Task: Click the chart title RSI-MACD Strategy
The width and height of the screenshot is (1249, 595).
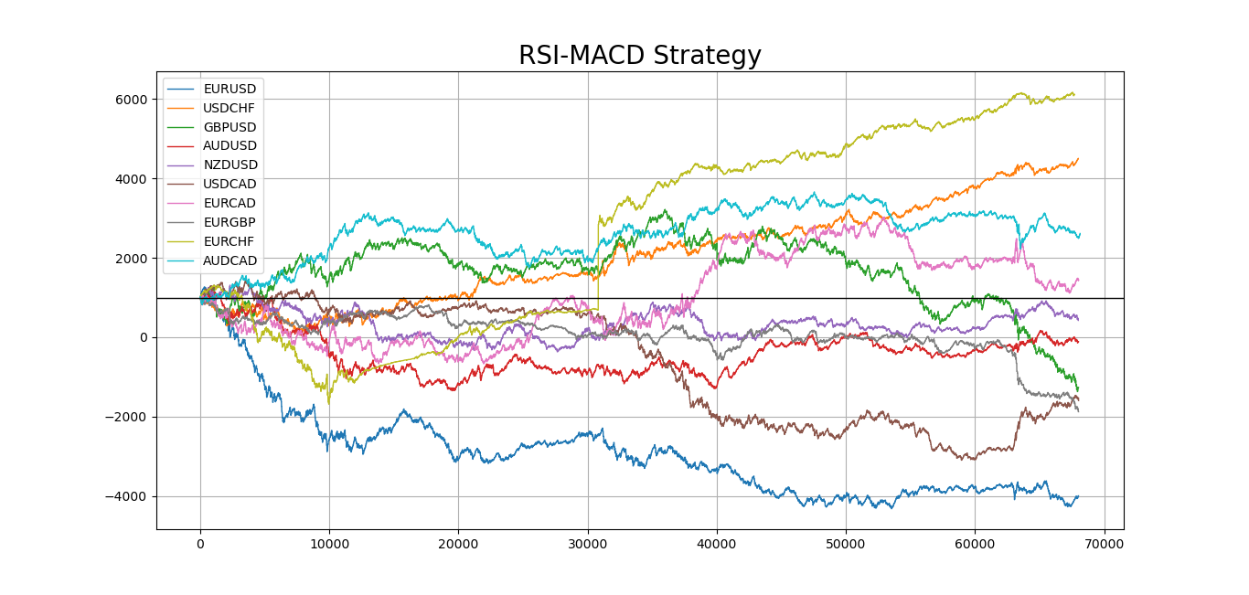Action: (x=639, y=56)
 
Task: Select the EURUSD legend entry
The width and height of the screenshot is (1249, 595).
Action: (x=230, y=89)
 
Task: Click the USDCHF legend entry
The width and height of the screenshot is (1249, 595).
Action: (x=230, y=108)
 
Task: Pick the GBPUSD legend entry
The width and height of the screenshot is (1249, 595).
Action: (x=230, y=127)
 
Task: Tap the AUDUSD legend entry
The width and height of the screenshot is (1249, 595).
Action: (x=230, y=145)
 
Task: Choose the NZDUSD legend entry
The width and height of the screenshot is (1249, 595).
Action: (x=230, y=165)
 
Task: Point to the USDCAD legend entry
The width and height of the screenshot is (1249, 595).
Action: (x=230, y=184)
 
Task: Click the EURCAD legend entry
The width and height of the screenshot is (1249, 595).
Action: (x=230, y=203)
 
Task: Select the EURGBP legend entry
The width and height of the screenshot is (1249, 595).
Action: (x=230, y=222)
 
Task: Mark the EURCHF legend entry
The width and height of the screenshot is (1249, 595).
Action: (x=230, y=241)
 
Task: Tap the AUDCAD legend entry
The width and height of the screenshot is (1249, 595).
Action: (x=230, y=260)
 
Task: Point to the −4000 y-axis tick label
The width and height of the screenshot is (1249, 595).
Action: (x=129, y=496)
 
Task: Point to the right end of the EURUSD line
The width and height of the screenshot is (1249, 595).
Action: (x=1078, y=496)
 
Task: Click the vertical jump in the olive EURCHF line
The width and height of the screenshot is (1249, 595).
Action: (x=598, y=265)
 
